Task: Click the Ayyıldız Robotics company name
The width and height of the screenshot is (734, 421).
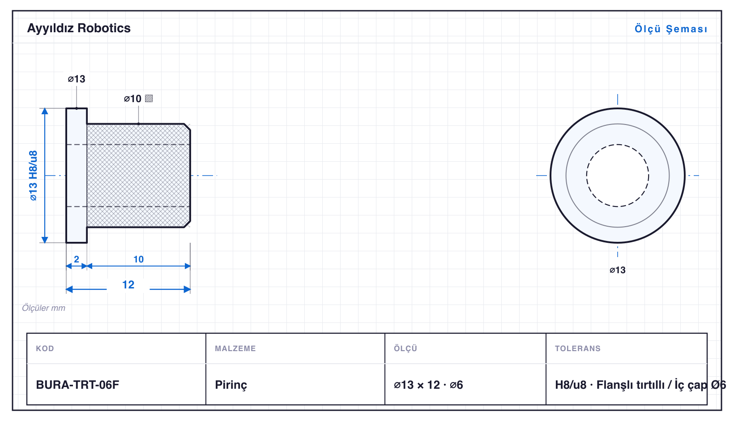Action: click(x=79, y=29)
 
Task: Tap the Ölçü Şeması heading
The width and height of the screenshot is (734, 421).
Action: click(x=671, y=29)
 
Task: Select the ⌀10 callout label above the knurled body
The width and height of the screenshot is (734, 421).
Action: click(x=132, y=99)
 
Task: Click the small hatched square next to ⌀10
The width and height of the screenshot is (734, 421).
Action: click(x=149, y=99)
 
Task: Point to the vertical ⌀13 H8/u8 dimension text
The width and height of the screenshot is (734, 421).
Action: click(x=33, y=176)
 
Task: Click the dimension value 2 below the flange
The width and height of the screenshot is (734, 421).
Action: click(x=77, y=259)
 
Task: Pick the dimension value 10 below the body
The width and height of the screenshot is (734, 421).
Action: click(x=138, y=259)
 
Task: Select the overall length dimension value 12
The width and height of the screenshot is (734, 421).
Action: click(x=128, y=284)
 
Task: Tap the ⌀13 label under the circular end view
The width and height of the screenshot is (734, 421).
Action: click(x=617, y=270)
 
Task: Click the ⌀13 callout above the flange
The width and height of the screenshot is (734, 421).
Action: click(x=77, y=79)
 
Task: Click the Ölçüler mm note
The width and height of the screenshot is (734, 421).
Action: click(x=43, y=308)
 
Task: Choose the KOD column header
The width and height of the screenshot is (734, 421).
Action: click(x=45, y=348)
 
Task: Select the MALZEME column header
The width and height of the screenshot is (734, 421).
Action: click(x=235, y=348)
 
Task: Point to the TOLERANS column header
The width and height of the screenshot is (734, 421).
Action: click(x=578, y=348)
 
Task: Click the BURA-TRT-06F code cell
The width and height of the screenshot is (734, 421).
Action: click(x=78, y=385)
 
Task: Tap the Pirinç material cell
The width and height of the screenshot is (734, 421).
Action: click(x=231, y=385)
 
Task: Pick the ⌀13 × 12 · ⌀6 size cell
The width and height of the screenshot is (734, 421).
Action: click(x=428, y=385)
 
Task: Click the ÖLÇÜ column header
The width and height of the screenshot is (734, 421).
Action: click(x=405, y=348)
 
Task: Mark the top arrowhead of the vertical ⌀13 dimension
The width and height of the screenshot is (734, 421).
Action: click(x=45, y=111)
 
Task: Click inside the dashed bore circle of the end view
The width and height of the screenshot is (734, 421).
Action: click(x=617, y=176)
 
